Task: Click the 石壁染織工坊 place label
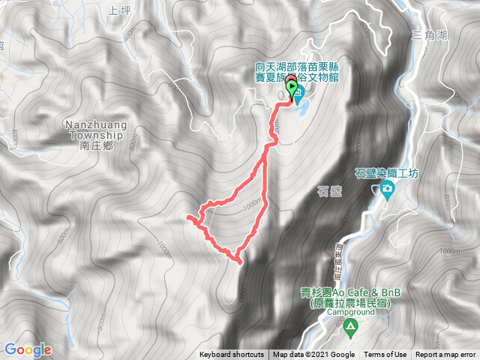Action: pos(385,172)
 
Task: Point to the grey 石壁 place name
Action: pos(330,191)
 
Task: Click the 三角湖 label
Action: pos(429,35)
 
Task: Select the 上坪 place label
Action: pos(119,10)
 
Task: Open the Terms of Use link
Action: pos(385,355)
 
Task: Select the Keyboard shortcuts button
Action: pos(231,355)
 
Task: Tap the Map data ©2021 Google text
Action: pos(313,355)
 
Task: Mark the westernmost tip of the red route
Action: pos(187,217)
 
